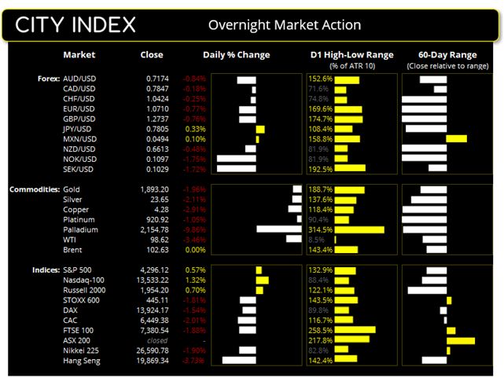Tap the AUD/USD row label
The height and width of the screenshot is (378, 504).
click(x=80, y=79)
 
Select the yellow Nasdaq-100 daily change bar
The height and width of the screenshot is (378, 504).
click(x=263, y=281)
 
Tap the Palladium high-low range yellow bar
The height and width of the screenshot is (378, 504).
click(x=359, y=229)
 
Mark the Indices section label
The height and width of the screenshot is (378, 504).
click(x=45, y=270)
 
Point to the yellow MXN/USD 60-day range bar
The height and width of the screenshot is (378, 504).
click(x=456, y=138)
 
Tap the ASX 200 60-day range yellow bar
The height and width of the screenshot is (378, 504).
click(x=461, y=340)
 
